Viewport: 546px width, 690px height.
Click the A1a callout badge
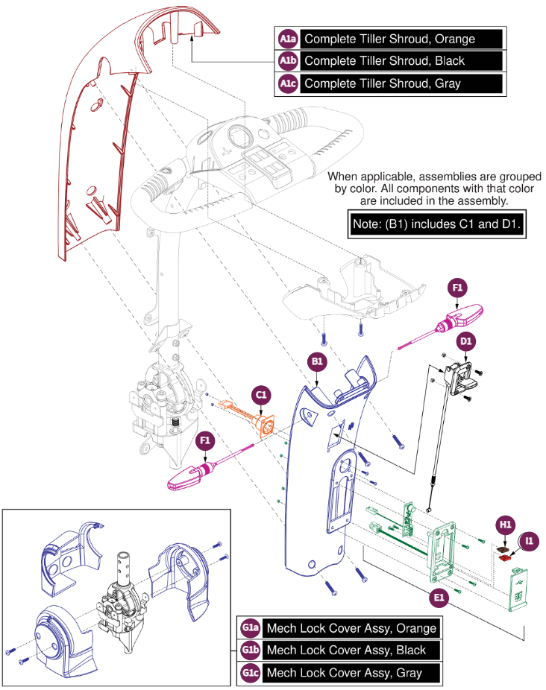pyautogui.click(x=288, y=39)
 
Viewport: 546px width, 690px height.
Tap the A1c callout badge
pyautogui.click(x=288, y=83)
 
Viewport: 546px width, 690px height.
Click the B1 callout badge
pyautogui.click(x=317, y=362)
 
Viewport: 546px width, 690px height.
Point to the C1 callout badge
pyautogui.click(x=263, y=394)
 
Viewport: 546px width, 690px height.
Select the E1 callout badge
pyautogui.click(x=439, y=596)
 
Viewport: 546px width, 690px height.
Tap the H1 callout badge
pyautogui.click(x=506, y=525)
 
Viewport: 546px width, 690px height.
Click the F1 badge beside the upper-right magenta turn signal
pyautogui.click(x=458, y=287)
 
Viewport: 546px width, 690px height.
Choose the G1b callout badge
pyautogui.click(x=250, y=650)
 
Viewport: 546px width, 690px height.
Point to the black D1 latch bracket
pyautogui.click(x=461, y=376)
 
